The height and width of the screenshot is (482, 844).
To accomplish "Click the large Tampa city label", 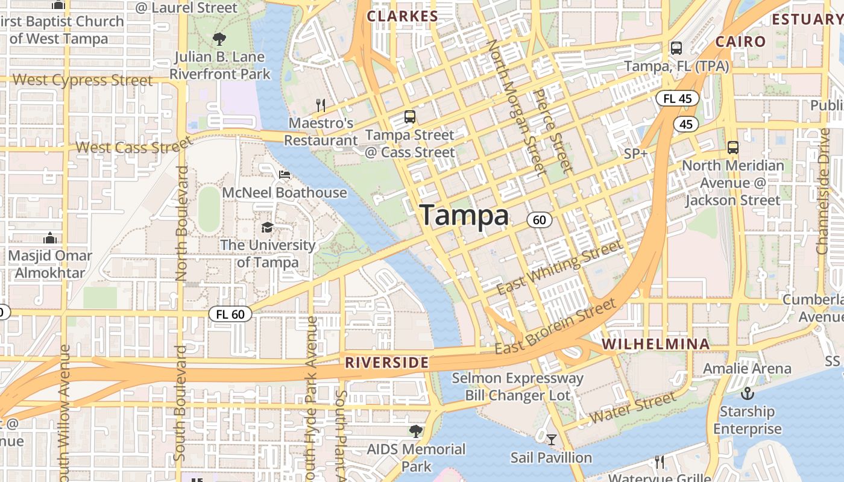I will (464, 215).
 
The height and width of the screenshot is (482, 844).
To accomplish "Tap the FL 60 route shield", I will (230, 314).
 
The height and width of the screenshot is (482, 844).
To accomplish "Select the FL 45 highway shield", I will (677, 98).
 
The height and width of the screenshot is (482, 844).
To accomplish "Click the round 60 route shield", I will (539, 220).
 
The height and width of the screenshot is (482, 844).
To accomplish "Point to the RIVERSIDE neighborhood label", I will (386, 363).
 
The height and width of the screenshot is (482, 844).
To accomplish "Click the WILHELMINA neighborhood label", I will (656, 344).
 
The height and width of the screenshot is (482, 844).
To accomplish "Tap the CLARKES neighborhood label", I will (402, 16).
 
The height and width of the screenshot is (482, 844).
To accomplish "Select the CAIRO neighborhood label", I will (740, 42).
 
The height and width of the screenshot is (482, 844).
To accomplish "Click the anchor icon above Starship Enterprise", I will (747, 394).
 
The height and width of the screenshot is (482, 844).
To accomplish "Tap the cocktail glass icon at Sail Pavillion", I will (551, 440).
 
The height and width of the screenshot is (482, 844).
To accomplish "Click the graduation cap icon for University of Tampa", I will (267, 227).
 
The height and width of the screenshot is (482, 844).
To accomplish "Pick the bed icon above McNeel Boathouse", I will (285, 175).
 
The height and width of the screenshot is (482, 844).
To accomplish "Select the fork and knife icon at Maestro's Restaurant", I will (321, 105).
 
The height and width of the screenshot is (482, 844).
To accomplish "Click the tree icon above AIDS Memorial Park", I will (415, 431).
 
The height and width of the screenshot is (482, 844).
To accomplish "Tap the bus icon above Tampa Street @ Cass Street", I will (410, 117).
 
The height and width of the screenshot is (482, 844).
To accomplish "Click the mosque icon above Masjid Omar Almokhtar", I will (50, 238).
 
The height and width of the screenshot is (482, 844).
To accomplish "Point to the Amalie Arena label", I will (748, 368).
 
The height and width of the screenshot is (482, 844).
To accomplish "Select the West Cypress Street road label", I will (83, 80).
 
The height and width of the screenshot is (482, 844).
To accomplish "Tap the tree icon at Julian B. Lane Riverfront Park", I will (219, 39).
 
